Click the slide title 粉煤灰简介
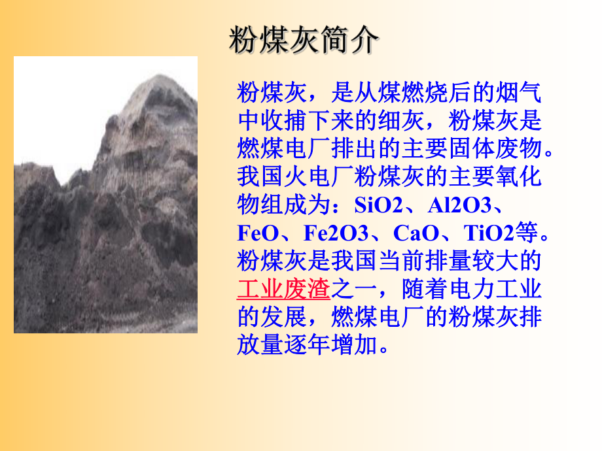[303, 41]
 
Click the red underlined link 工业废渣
[284, 288]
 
